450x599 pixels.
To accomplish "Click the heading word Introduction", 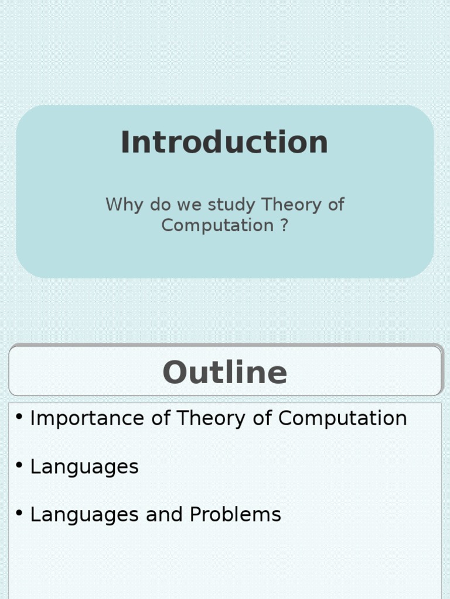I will [x=224, y=143].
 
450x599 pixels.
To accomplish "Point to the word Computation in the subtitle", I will [x=217, y=225].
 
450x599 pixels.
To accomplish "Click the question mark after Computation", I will [x=284, y=225].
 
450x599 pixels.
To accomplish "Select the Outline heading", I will [x=224, y=373].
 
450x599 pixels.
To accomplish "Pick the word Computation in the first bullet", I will [x=342, y=418].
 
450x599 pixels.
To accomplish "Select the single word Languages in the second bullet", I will [x=84, y=467].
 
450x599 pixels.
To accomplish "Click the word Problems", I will [x=236, y=515].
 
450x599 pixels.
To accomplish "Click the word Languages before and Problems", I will [x=84, y=515].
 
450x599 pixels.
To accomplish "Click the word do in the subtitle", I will [x=159, y=205].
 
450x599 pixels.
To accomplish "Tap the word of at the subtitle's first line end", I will [x=336, y=205].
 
